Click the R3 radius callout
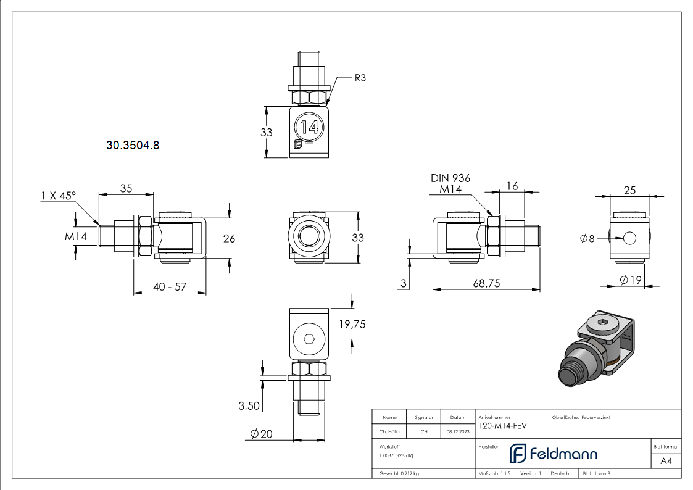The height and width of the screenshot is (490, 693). click(360, 78)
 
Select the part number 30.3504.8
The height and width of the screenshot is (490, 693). click(133, 146)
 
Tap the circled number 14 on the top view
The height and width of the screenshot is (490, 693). click(309, 128)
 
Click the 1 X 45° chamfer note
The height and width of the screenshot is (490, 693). click(58, 196)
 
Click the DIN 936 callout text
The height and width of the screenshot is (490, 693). click(450, 178)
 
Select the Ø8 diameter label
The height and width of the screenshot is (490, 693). click(587, 238)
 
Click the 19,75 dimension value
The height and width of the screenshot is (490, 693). click(352, 324)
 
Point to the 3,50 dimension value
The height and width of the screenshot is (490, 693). click(249, 405)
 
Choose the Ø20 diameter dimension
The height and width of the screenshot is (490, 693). click(261, 434)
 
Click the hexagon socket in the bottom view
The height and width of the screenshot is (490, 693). click(309, 338)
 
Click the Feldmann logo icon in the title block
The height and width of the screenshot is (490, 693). click(517, 454)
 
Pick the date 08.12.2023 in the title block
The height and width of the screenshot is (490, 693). click(457, 432)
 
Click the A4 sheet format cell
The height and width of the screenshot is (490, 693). click(666, 461)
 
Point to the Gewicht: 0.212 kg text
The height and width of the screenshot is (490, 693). click(399, 473)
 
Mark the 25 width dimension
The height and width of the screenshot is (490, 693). click(629, 191)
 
